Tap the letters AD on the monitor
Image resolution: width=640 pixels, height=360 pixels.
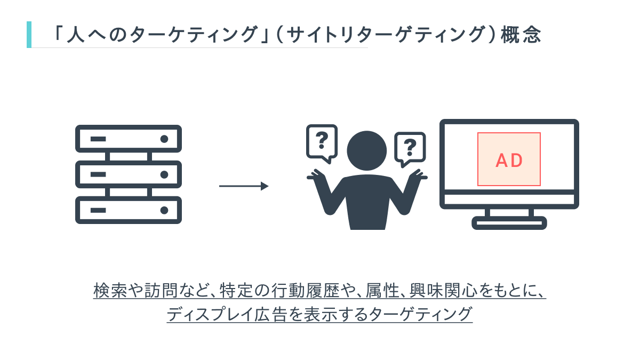pyautogui.click(x=509, y=161)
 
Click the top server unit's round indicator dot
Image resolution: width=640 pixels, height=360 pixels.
pyautogui.click(x=164, y=139)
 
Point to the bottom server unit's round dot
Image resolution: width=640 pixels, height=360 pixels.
pyautogui.click(x=164, y=210)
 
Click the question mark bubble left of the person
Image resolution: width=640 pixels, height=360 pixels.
pyautogui.click(x=322, y=141)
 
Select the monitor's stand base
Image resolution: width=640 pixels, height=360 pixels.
pyautogui.click(x=509, y=222)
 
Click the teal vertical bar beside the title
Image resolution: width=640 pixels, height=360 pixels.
pyautogui.click(x=29, y=35)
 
